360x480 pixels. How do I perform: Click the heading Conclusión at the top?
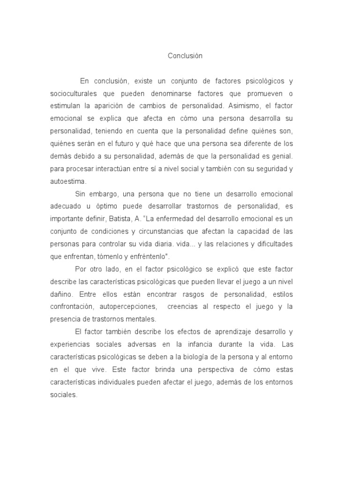pos(185,56)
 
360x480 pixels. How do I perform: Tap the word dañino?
pos(61,294)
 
